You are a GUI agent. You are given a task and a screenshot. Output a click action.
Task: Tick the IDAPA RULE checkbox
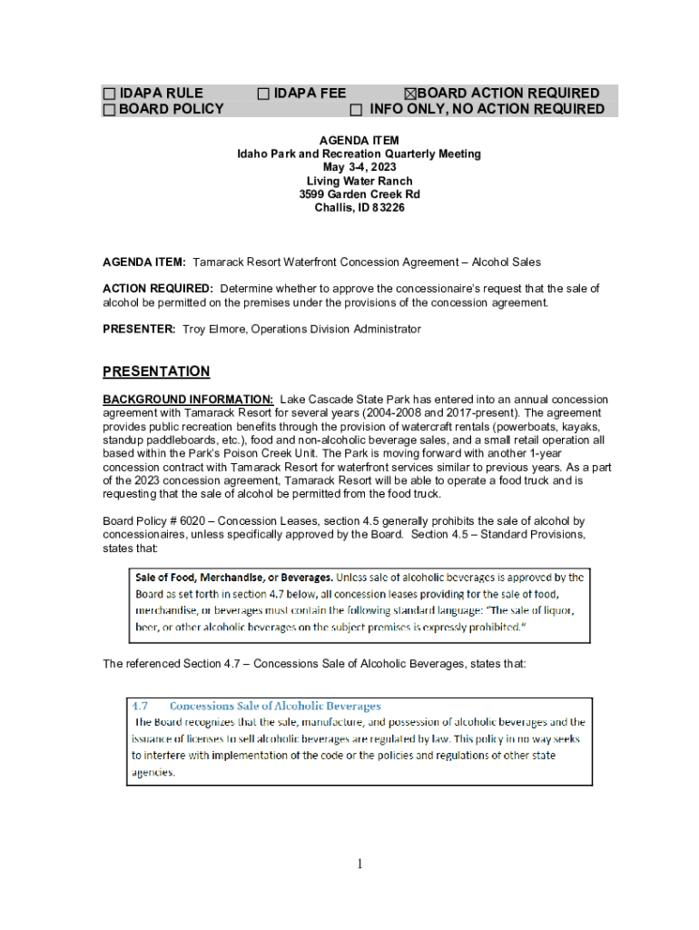(109, 94)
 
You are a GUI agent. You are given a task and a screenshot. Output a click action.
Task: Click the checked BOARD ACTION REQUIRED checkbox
(409, 94)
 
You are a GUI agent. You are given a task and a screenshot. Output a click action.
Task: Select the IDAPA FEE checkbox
(263, 94)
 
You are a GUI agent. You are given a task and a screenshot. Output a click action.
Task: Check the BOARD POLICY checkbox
(109, 110)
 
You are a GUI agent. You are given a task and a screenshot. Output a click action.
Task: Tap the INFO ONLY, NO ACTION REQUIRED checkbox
(357, 110)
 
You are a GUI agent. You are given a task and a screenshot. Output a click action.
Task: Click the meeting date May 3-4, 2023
(359, 168)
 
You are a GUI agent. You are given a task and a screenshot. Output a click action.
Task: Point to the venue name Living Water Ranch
(359, 182)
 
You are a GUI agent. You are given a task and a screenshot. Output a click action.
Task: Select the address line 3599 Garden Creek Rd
(359, 194)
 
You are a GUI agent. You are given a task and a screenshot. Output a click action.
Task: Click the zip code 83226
(387, 208)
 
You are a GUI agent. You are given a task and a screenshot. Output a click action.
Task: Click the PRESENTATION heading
(156, 371)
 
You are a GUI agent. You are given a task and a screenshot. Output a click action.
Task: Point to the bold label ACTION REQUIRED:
(158, 289)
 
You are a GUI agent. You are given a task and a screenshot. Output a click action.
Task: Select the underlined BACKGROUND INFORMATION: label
(188, 400)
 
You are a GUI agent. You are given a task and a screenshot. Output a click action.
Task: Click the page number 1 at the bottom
(359, 864)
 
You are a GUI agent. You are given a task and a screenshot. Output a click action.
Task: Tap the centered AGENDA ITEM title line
(359, 141)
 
